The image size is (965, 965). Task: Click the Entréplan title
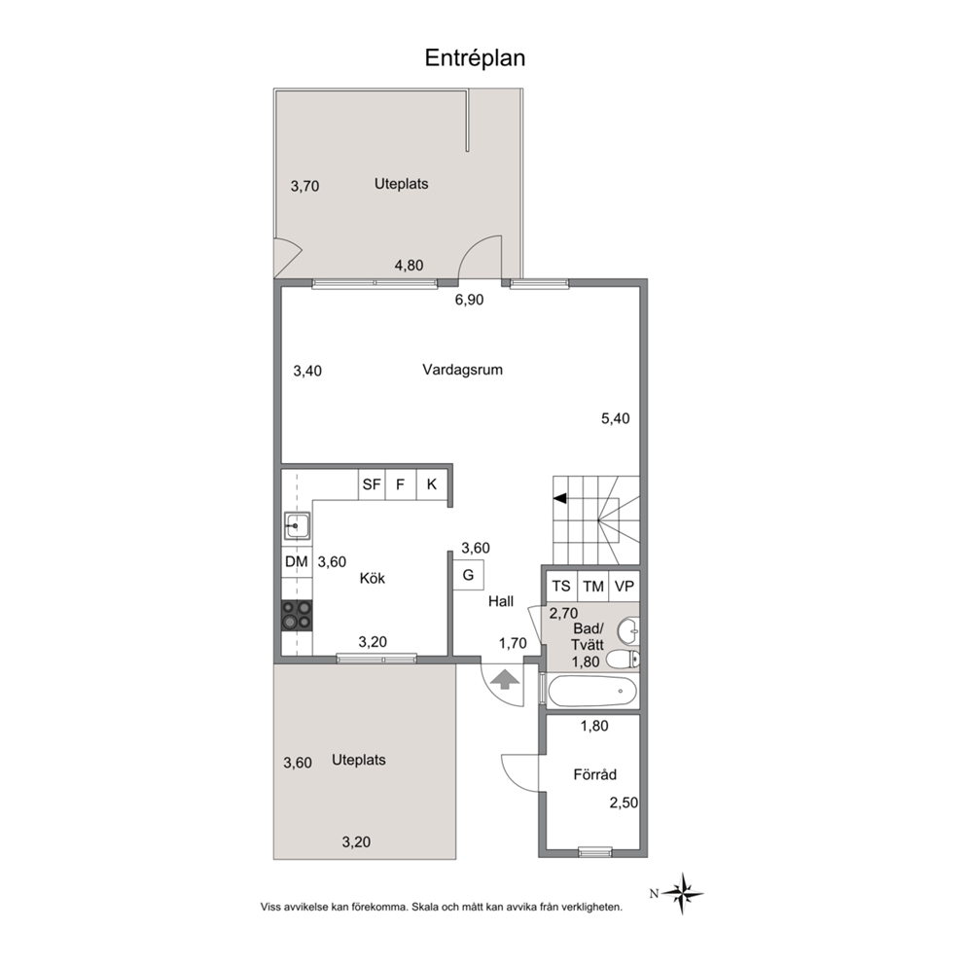pos(475,57)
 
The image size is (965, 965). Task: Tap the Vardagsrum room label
pos(462,370)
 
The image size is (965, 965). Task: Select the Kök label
pos(373,578)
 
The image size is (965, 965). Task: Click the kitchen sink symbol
pos(296,526)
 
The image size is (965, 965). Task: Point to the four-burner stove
pos(297,616)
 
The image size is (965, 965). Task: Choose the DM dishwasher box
pos(297,561)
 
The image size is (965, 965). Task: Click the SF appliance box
pos(372,484)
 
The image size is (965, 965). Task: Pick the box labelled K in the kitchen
pos(431,484)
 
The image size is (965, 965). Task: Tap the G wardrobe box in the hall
pos(468,576)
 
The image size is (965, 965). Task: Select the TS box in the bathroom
pos(561,586)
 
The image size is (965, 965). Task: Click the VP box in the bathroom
pos(625,586)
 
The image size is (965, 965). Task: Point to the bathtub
pos(592,692)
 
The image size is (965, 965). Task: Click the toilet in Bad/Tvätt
pos(623,660)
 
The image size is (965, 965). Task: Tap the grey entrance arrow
pos(505,679)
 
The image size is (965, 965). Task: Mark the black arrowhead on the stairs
pos(559,498)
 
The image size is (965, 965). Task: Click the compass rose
pos(682,893)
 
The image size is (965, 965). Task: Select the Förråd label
pos(594,774)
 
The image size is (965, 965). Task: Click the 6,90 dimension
pos(469,300)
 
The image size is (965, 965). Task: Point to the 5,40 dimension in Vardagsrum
pos(616,418)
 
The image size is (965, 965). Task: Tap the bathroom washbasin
pos(628,629)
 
